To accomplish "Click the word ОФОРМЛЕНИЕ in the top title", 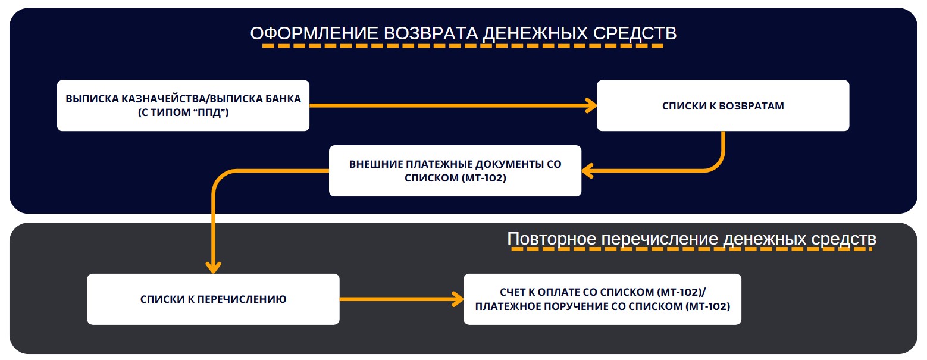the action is pos(314,33).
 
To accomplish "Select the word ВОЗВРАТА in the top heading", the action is pos(430,33).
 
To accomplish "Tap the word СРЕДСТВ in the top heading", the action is pos(635,33).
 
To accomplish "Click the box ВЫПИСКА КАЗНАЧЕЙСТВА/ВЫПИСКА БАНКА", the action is pos(183,105).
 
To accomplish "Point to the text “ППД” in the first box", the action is pos(211,112).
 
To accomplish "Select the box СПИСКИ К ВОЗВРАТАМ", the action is pos(723,105).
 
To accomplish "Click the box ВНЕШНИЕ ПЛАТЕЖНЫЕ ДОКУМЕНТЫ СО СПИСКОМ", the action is pos(455,171).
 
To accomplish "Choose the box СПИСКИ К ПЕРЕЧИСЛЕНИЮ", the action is pos(213,299).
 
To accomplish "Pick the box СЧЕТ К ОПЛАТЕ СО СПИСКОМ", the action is pos(602,299).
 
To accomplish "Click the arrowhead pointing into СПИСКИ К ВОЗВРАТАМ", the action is pos(591,105).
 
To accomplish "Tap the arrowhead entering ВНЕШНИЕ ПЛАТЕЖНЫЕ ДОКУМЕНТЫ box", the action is pos(588,171).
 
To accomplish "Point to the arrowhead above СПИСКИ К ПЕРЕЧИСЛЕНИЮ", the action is pos(213,267).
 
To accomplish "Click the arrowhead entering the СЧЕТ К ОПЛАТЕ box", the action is pos(458,299).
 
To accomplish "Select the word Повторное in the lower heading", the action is pos(552,239).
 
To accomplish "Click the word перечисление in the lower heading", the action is pos(660,239).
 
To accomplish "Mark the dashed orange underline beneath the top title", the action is pos(463,45).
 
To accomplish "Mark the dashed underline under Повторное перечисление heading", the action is pos(692,249).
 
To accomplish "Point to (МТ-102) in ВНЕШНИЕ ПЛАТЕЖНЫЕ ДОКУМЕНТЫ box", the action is pos(484,178).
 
